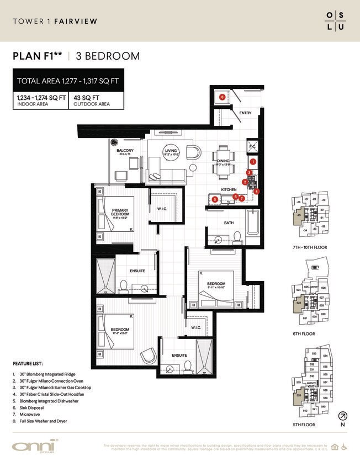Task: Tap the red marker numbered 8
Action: pyautogui.click(x=222, y=97)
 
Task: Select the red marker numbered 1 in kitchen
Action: pyautogui.click(x=253, y=162)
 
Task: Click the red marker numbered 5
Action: pyautogui.click(x=214, y=199)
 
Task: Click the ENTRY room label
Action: pyautogui.click(x=246, y=113)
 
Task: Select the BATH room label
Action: pyautogui.click(x=229, y=223)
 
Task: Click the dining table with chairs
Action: pyautogui.click(x=223, y=160)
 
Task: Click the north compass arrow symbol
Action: pyautogui.click(x=343, y=416)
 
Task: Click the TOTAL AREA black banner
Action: pyautogui.click(x=68, y=81)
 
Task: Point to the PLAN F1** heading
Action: pyautogui.click(x=38, y=56)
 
